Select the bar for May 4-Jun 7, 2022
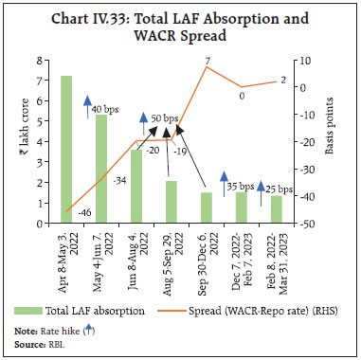tap(101, 170)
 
